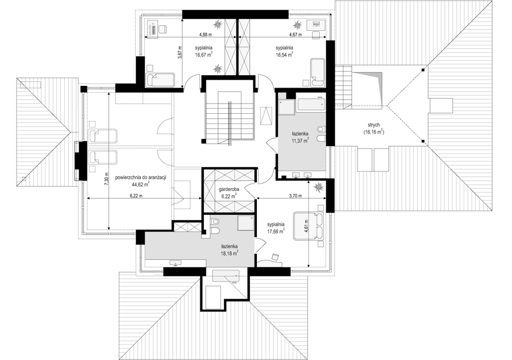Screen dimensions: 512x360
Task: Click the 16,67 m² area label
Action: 204,55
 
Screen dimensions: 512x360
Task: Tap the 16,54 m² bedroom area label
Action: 284,55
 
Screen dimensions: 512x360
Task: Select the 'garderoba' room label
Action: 228,189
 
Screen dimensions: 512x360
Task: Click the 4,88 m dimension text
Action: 205,34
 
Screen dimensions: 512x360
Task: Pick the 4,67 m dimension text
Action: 295,34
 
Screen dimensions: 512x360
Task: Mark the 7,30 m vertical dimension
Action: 106,179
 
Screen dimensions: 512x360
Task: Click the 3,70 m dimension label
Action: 295,196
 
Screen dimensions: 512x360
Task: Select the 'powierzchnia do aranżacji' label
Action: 141,177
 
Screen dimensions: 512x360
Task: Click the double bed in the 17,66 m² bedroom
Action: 308,226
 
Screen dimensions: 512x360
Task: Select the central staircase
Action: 229,117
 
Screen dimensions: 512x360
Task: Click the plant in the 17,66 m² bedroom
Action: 318,187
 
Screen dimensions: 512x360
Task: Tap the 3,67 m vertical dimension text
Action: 179,52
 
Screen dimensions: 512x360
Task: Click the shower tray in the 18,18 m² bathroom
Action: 246,223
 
